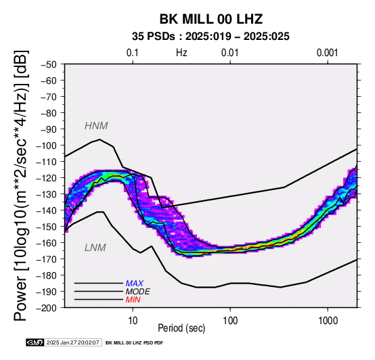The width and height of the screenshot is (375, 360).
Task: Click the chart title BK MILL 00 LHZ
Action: click(211, 19)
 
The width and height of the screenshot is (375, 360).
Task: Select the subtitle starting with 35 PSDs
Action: click(211, 37)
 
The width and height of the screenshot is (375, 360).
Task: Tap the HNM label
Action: click(96, 126)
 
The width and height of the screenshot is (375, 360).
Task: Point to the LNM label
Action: click(95, 248)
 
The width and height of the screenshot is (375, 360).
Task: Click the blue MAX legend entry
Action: click(135, 284)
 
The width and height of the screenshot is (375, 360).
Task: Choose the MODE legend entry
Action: click(138, 292)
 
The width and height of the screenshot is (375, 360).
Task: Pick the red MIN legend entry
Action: click(133, 300)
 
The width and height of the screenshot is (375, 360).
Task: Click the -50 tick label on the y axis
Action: click(49, 64)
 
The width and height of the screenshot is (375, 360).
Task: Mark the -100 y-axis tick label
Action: click(47, 145)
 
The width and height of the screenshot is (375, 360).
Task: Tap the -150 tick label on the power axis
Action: click(47, 227)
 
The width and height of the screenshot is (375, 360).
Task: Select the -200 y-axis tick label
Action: click(47, 308)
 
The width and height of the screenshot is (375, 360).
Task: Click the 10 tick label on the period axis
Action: click(133, 321)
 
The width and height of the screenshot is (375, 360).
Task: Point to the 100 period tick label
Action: click(230, 321)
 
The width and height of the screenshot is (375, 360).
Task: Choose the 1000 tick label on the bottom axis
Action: click(328, 321)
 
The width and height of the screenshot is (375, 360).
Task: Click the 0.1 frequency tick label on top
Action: click(133, 53)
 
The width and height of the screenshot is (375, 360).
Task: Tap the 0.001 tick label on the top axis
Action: click(327, 53)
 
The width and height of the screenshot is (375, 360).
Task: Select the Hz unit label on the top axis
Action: click(181, 53)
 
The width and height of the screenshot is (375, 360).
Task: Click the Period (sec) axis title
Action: click(181, 328)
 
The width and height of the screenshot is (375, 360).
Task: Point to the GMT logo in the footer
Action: click(35, 342)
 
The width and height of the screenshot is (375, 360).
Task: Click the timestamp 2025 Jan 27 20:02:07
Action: click(72, 342)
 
